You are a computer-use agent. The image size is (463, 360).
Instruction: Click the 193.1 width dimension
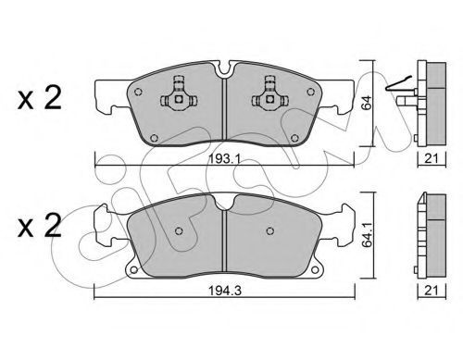tap(224, 159)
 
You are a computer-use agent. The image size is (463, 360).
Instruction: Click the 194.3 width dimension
tap(225, 291)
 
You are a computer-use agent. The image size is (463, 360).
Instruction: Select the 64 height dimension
tap(367, 103)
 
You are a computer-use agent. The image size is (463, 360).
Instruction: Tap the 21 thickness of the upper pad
tap(432, 158)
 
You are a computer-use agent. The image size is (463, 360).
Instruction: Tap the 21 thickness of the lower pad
tap(432, 291)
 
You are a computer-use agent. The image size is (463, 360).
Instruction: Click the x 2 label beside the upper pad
tap(40, 98)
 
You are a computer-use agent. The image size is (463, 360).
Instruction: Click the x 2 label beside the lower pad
tap(40, 226)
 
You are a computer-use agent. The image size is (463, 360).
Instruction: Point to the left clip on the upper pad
tap(179, 95)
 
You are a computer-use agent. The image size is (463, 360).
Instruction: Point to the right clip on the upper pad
tap(270, 95)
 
